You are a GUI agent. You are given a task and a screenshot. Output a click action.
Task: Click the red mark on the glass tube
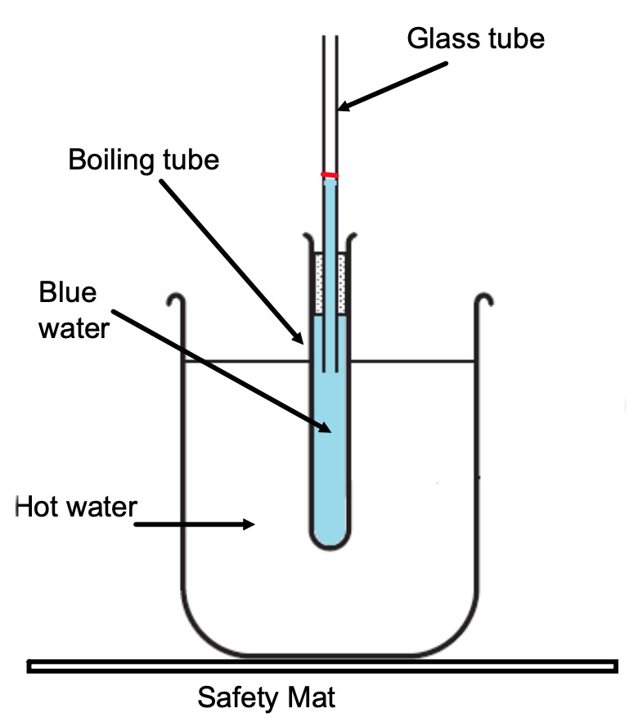[x=330, y=175]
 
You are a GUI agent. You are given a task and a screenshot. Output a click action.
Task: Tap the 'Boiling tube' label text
[x=143, y=159]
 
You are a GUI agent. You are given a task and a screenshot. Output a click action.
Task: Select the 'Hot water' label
[x=75, y=507]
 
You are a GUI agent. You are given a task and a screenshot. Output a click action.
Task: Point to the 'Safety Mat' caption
[x=267, y=698]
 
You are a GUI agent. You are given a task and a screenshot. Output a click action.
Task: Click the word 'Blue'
[x=68, y=293]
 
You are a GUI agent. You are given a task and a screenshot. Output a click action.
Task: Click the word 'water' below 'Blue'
[x=74, y=329]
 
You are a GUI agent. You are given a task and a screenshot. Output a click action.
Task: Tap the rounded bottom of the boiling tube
[x=330, y=540]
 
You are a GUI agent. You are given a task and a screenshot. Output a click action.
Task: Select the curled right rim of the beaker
[x=485, y=300]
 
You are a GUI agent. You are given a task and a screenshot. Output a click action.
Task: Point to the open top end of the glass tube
[x=330, y=38]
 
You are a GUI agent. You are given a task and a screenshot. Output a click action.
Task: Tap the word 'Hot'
[x=34, y=507]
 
